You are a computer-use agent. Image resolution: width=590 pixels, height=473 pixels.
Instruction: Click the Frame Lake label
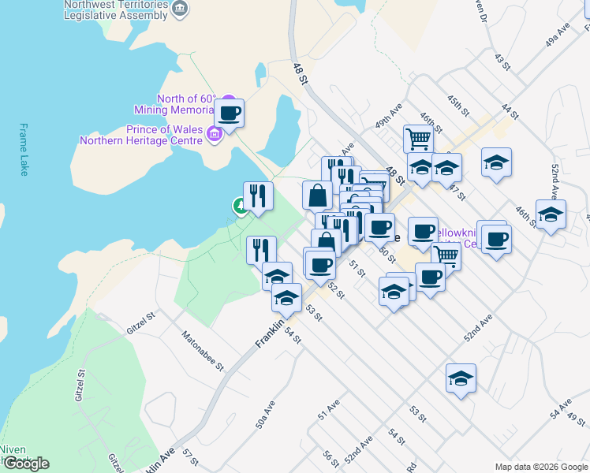point(24,149)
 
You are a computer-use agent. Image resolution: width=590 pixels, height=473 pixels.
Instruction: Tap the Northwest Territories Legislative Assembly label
point(117,9)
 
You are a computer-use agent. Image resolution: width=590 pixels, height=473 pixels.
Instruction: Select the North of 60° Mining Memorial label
point(186,104)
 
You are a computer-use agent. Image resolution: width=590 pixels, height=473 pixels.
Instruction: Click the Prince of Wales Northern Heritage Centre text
point(141,136)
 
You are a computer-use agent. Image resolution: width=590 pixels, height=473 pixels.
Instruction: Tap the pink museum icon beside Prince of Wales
point(213,136)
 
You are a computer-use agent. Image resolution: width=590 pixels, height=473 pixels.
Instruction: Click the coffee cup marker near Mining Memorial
point(230,113)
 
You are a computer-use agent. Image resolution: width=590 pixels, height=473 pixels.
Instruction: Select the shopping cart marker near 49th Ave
point(418,139)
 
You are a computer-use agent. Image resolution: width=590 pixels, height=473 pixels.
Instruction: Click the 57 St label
point(188,457)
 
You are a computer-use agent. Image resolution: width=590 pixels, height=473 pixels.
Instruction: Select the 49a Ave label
point(557,36)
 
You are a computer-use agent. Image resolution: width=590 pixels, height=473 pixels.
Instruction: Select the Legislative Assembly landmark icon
point(181,8)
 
